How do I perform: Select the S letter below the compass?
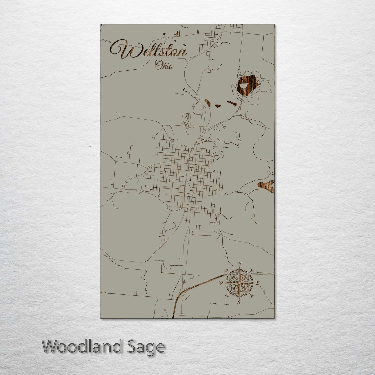tap(239, 302)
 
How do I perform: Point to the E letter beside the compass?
tap(258, 283)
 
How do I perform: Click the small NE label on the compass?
tap(251, 270)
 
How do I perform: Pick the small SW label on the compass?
tap(227, 296)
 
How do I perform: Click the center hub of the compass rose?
tap(239, 283)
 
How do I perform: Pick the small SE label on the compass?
tap(251, 296)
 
